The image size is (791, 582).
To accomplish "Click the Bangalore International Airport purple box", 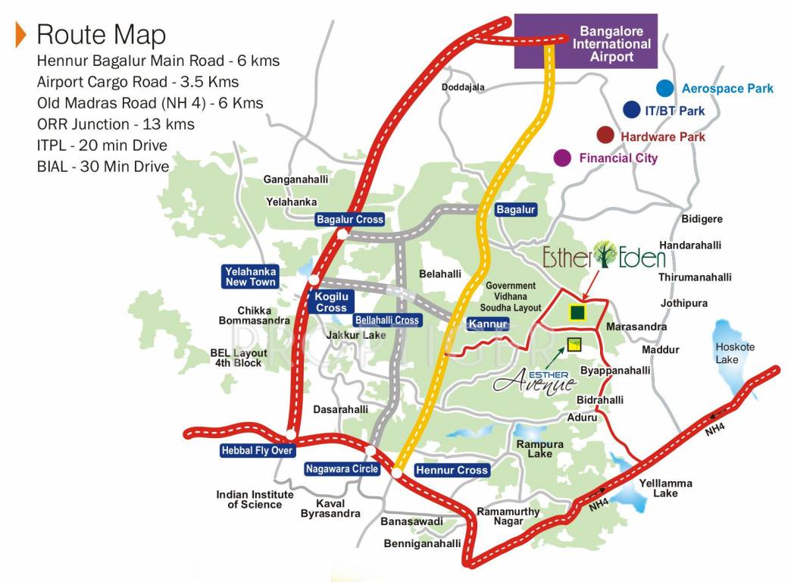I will click(586, 42).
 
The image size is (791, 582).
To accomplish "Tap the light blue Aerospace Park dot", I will click(665, 89).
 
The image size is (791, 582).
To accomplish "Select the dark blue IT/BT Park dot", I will click(631, 111).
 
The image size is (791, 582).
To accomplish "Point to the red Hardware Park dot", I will click(605, 136).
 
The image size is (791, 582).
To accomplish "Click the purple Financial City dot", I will click(562, 158).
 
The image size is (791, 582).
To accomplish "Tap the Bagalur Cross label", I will click(350, 219).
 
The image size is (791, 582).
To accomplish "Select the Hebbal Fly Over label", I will click(257, 450).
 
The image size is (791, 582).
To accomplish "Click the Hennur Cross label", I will click(452, 470).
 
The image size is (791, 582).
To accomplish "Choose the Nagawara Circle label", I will click(342, 469).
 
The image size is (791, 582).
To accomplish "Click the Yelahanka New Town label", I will click(251, 277).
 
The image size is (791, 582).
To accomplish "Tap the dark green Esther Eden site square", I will click(577, 312).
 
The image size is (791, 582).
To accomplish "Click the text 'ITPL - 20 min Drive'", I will click(102, 145).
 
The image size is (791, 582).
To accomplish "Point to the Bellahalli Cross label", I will click(386, 320).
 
